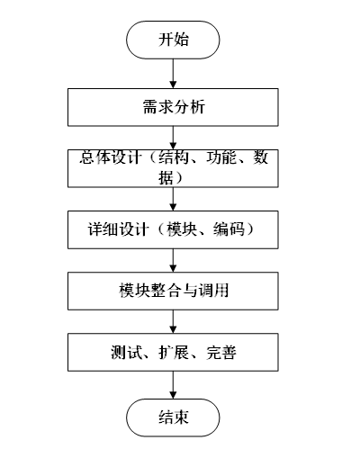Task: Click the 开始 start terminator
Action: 173,40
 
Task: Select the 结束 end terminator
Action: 173,417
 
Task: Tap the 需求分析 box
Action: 173,108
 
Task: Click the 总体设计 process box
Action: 173,167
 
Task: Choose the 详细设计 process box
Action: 173,229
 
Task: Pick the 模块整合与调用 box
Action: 173,291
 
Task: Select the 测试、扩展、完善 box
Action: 173,352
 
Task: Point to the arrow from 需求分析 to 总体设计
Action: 173,137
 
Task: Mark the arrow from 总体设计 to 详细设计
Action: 173,199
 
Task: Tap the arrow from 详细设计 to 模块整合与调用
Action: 173,260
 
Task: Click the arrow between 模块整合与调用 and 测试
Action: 173,321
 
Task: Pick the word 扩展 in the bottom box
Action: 173,352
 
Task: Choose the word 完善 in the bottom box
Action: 220,352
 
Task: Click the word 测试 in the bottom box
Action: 124,352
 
